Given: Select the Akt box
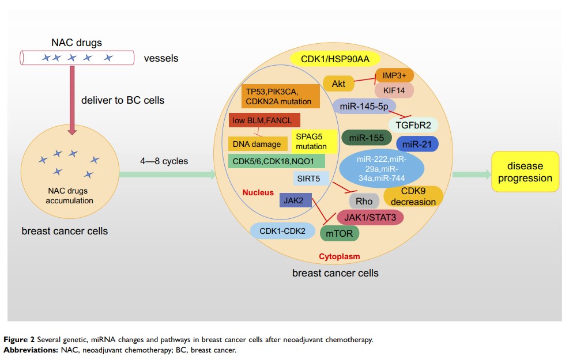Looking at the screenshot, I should pyautogui.click(x=338, y=84).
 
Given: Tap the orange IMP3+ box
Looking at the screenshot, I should pyautogui.click(x=394, y=75).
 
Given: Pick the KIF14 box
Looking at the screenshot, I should pyautogui.click(x=394, y=90).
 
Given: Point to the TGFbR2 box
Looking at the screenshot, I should pyautogui.click(x=413, y=124).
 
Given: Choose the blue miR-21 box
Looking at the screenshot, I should pyautogui.click(x=417, y=143).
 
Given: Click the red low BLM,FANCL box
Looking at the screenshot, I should pyautogui.click(x=264, y=120).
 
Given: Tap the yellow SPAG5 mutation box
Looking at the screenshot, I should pyautogui.click(x=311, y=142).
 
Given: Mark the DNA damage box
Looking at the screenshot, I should pyautogui.click(x=258, y=144).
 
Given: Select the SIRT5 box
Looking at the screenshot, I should pyautogui.click(x=311, y=178).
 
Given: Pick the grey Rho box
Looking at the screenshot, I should pyautogui.click(x=364, y=201).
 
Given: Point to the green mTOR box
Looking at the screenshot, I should pyautogui.click(x=340, y=233).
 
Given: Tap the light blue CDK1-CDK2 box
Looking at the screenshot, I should pyautogui.click(x=278, y=230).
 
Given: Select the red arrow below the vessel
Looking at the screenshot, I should pyautogui.click(x=72, y=101).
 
